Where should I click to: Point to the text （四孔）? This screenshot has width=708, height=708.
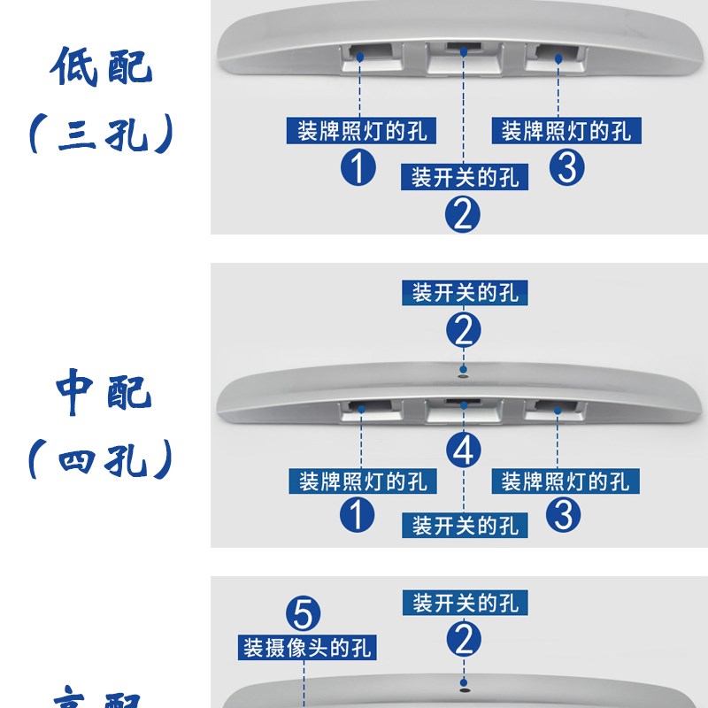(x=101, y=460)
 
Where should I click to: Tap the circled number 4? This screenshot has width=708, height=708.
(x=464, y=450)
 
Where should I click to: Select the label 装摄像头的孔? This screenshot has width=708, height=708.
(x=308, y=647)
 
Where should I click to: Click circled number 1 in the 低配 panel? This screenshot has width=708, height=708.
(x=358, y=167)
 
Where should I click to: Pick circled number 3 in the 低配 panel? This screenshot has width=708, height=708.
(x=566, y=167)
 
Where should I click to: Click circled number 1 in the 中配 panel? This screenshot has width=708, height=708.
(x=358, y=514)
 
